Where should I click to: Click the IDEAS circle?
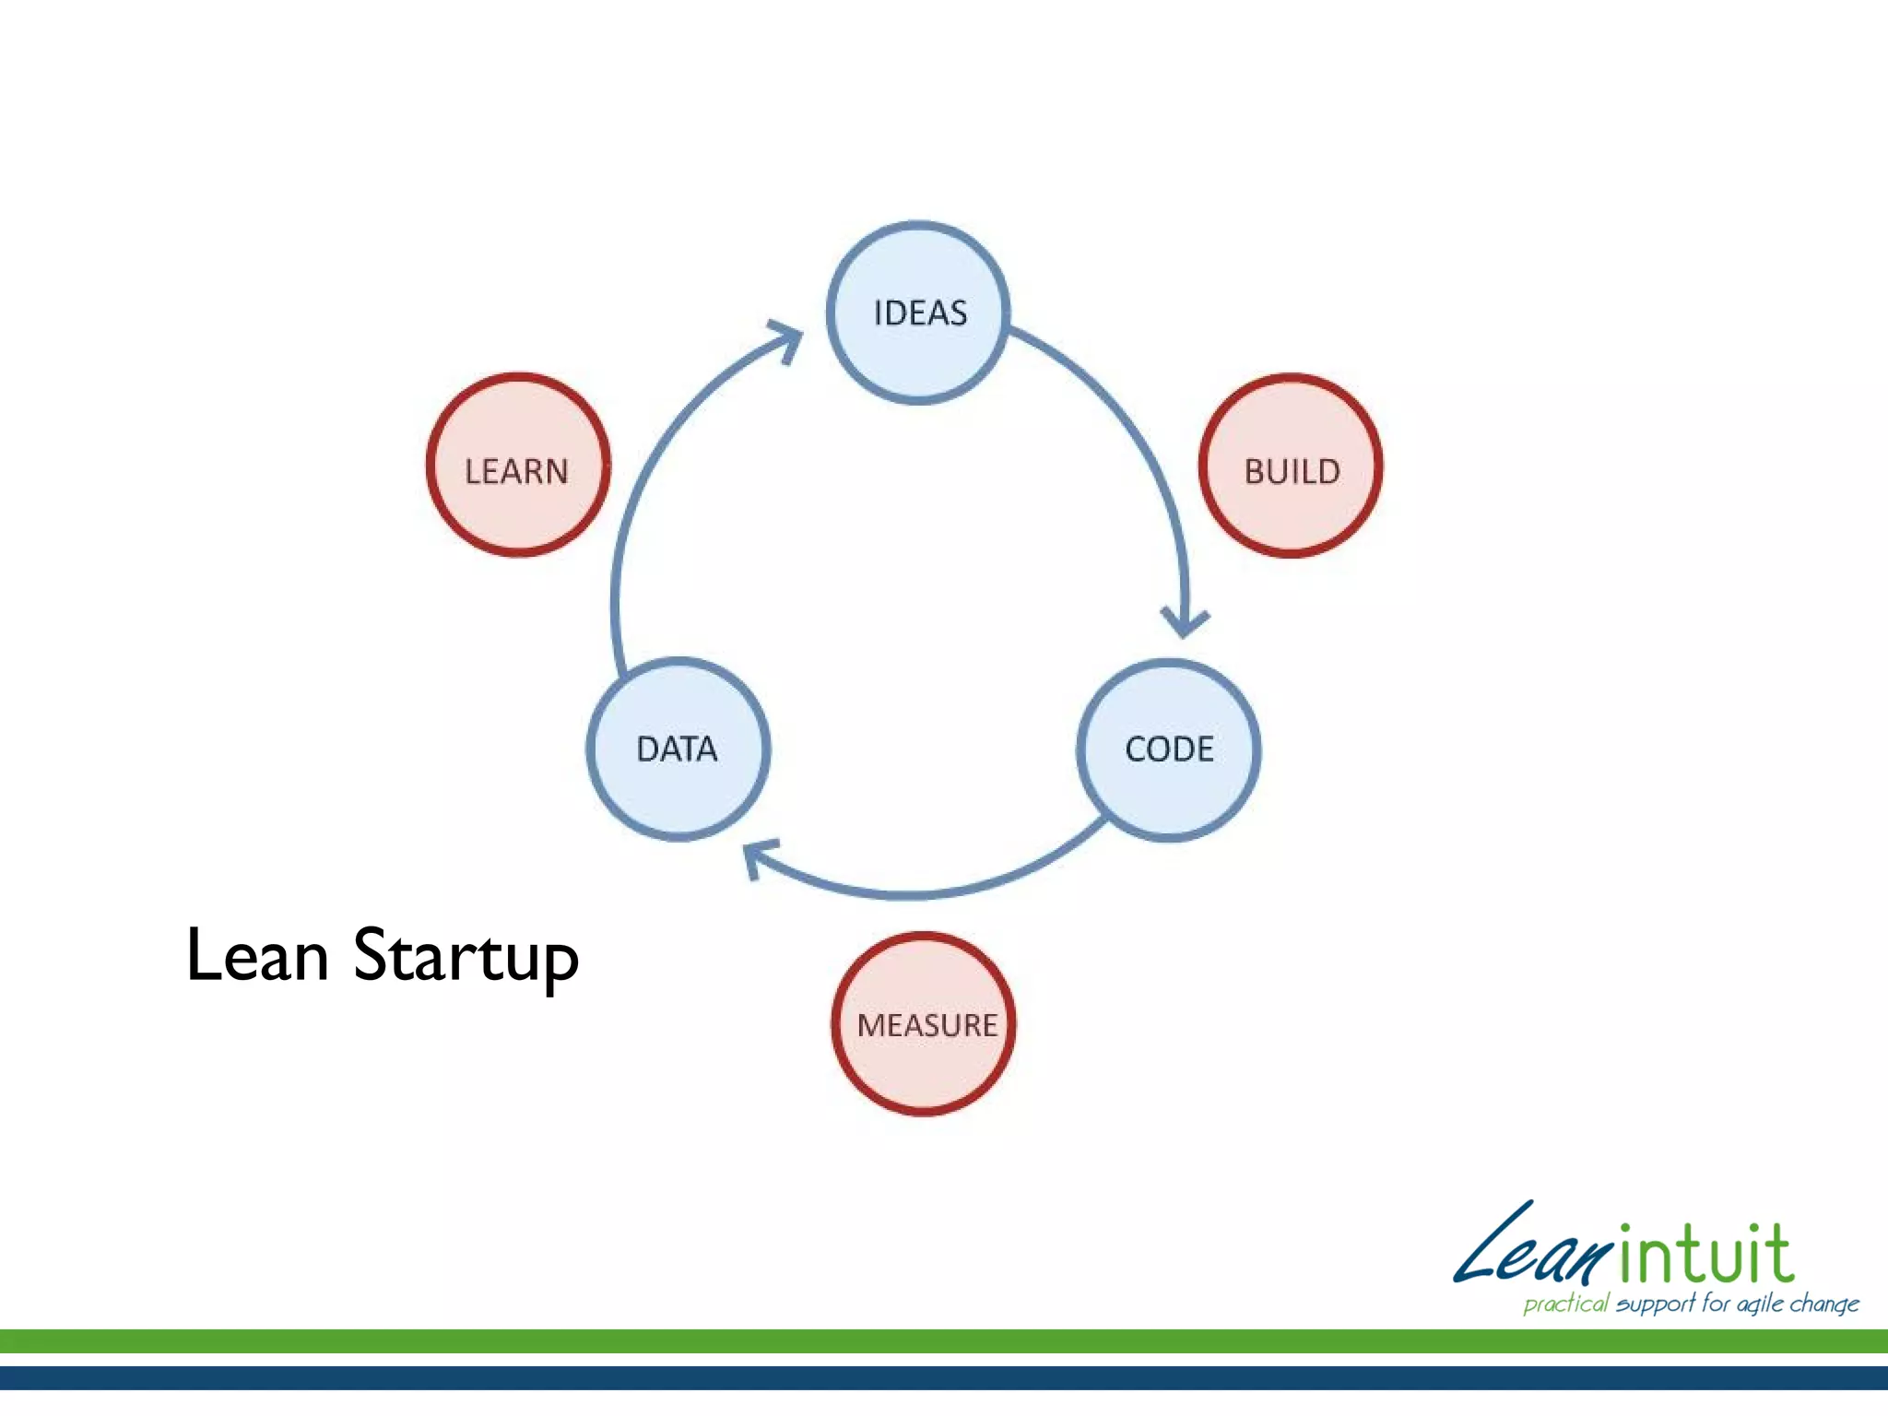coord(918,313)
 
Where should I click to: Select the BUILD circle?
coord(1291,466)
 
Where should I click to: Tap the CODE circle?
coord(1168,749)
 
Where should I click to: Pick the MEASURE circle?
coord(924,1023)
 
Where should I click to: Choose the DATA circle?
coord(678,749)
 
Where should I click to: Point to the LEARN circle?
coord(518,466)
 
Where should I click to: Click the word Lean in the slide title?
coord(257,955)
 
